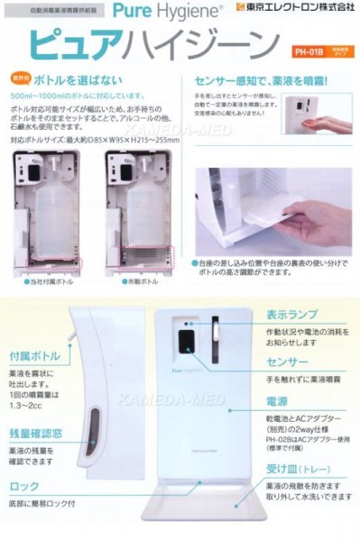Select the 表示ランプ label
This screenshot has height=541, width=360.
pyautogui.click(x=291, y=316)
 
